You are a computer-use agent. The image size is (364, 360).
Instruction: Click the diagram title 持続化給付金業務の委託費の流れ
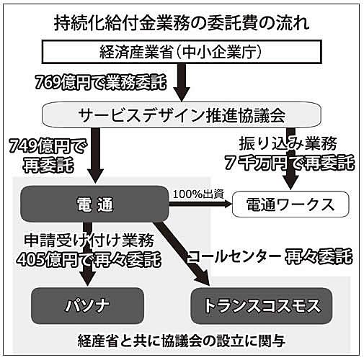click(182, 24)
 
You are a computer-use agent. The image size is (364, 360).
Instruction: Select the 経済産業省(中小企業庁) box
click(182, 52)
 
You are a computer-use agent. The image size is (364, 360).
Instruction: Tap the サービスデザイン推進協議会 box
click(182, 114)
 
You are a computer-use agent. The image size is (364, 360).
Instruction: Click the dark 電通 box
click(95, 204)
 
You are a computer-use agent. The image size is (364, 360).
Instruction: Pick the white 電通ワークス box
click(290, 204)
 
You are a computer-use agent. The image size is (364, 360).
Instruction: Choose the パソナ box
click(87, 306)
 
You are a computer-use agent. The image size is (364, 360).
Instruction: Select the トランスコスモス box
click(262, 306)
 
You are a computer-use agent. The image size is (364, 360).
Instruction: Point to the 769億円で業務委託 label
click(100, 82)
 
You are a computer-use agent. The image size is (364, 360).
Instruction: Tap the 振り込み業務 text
click(288, 144)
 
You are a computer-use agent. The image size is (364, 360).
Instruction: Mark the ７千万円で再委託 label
click(290, 163)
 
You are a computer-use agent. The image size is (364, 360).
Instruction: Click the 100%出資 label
click(198, 194)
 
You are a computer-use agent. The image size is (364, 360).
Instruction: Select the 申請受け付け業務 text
click(89, 240)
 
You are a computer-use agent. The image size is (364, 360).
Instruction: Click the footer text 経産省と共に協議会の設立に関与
click(182, 341)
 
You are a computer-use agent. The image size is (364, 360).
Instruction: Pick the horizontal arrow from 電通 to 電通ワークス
click(200, 204)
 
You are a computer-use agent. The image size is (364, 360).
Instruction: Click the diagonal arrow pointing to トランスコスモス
click(182, 254)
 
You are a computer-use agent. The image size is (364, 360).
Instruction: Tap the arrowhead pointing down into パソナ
click(88, 279)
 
